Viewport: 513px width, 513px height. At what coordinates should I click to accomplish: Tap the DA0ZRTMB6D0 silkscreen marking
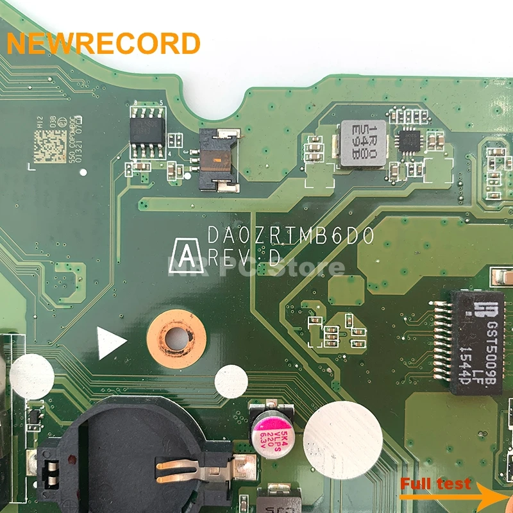pyautogui.click(x=290, y=237)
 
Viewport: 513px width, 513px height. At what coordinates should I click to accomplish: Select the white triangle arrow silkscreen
pyautogui.click(x=110, y=342)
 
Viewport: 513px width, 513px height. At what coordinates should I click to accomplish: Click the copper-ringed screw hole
pyautogui.click(x=176, y=338)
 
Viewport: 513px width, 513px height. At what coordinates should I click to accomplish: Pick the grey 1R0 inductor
pyautogui.click(x=363, y=143)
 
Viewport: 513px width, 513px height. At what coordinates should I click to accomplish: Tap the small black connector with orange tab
pyautogui.click(x=218, y=159)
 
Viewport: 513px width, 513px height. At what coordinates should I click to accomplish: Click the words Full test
pyautogui.click(x=435, y=484)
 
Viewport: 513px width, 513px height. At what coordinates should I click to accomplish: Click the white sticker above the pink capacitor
pyautogui.click(x=231, y=382)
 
